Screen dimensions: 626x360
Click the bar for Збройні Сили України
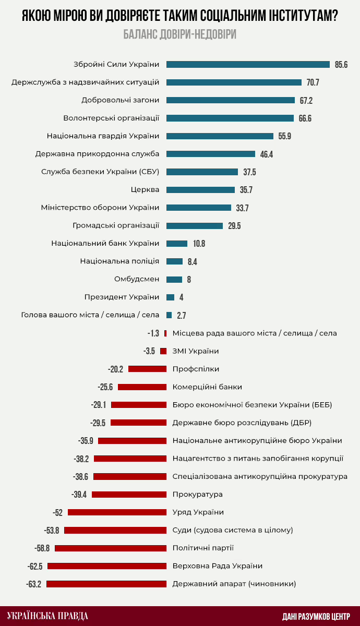click(248, 64)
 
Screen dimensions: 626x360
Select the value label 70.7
click(313, 82)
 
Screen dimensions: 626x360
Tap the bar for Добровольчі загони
click(231, 100)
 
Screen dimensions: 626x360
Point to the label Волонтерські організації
click(111, 118)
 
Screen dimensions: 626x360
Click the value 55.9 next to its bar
click(285, 136)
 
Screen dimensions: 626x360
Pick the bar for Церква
click(200, 190)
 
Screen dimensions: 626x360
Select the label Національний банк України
click(105, 243)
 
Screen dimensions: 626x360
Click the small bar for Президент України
click(170, 297)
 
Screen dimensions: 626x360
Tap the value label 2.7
click(182, 316)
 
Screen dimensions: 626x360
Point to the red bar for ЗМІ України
click(163, 351)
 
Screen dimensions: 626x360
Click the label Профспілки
click(196, 369)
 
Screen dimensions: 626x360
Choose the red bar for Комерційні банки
click(142, 387)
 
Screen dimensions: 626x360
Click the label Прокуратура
click(198, 494)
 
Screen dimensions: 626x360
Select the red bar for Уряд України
click(117, 512)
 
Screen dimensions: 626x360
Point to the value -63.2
click(33, 584)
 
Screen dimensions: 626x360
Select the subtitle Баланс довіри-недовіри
click(180, 34)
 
